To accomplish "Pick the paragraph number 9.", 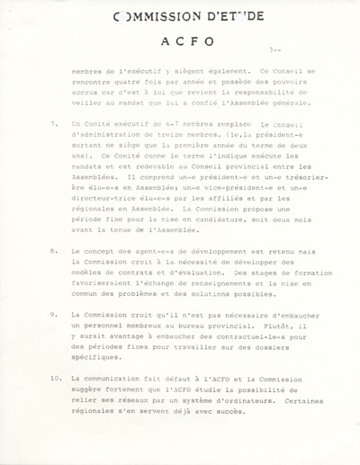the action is [x=56, y=314].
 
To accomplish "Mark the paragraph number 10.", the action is [x=57, y=379].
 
